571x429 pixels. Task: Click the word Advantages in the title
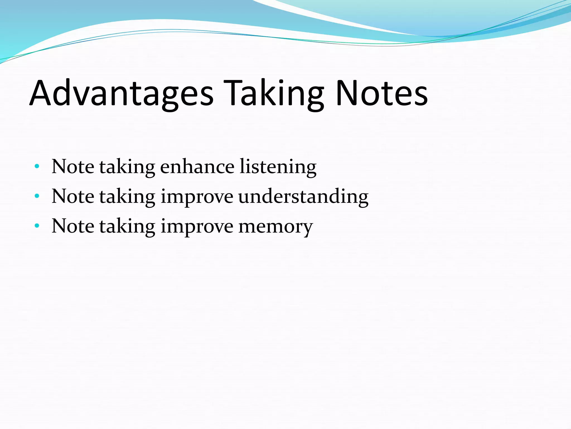(121, 93)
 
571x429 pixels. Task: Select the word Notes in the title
(382, 93)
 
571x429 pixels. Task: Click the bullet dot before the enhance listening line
(37, 167)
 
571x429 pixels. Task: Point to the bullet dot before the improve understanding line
(37, 196)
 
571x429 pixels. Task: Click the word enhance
(197, 167)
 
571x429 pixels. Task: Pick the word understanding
(303, 197)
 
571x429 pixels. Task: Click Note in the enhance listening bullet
(73, 167)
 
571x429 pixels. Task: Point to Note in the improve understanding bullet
(73, 196)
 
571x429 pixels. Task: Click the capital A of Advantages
(42, 93)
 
